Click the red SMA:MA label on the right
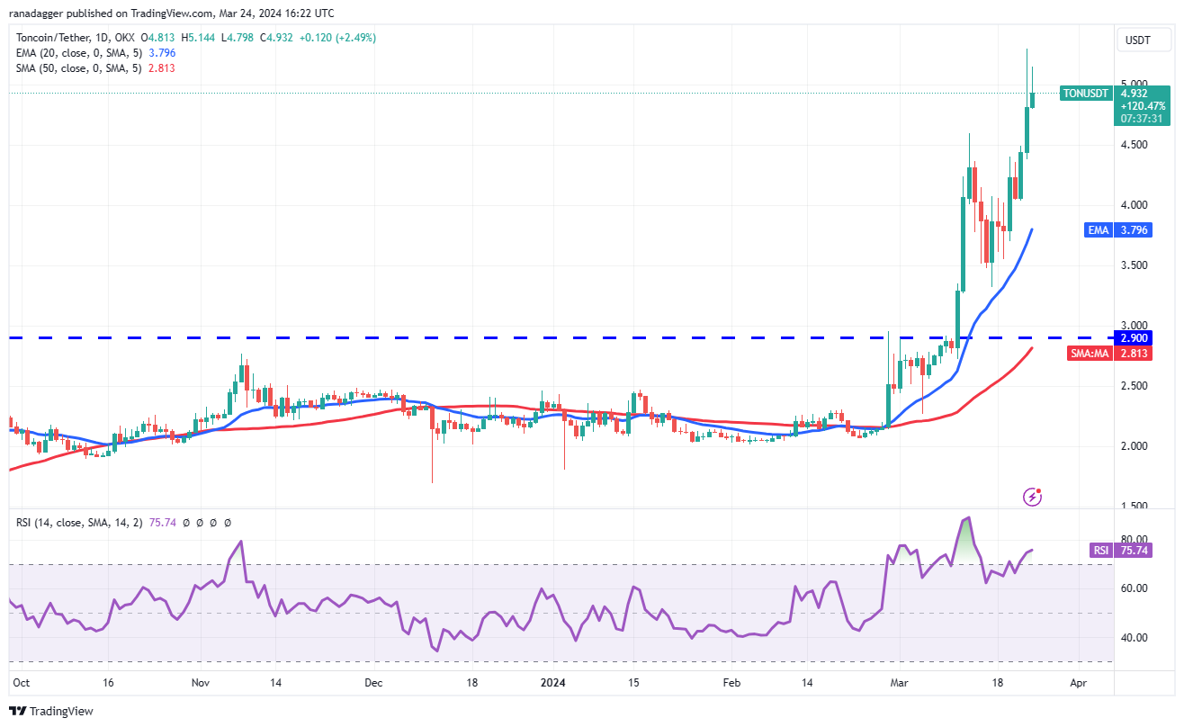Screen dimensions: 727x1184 (x=1087, y=354)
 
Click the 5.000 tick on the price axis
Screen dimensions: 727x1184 (x=1134, y=84)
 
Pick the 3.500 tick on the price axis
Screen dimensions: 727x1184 (x=1134, y=265)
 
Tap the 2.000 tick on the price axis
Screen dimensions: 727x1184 (x=1134, y=446)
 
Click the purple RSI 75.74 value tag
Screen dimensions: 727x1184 (x=1132, y=550)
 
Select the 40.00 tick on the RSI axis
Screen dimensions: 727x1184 (x=1133, y=638)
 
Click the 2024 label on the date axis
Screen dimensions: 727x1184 (x=555, y=683)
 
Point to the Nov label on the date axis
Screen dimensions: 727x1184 (x=201, y=683)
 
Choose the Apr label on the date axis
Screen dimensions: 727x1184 (x=1079, y=683)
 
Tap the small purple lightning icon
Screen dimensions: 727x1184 (x=1033, y=496)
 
